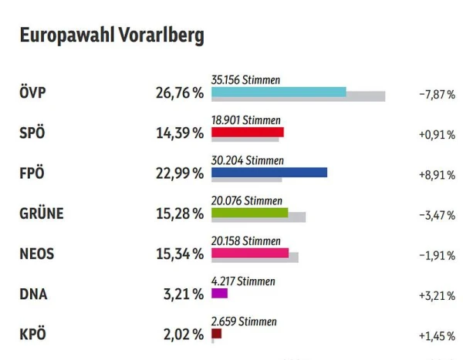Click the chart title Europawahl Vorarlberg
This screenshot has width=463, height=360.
click(x=111, y=36)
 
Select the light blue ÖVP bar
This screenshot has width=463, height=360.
click(x=279, y=92)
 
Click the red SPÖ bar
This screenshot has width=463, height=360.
click(x=247, y=132)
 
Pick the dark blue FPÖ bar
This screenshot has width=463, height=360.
click(x=269, y=172)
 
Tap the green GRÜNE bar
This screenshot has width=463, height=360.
click(x=249, y=212)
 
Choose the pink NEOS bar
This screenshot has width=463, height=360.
click(x=249, y=253)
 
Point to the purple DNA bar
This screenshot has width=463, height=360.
click(x=219, y=293)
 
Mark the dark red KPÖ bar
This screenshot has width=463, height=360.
click(x=216, y=334)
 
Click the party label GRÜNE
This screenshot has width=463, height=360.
click(x=41, y=214)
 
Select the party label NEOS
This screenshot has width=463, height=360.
click(x=38, y=254)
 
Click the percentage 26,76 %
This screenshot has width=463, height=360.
click(x=179, y=93)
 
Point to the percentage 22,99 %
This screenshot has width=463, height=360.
click(x=179, y=173)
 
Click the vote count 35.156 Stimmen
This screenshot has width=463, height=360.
click(x=245, y=79)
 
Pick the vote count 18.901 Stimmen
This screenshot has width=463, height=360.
click(x=245, y=119)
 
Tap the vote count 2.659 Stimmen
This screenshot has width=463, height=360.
click(x=243, y=321)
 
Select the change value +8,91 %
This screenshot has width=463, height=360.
click(x=437, y=174)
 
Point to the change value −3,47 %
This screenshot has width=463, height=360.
click(x=437, y=214)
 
